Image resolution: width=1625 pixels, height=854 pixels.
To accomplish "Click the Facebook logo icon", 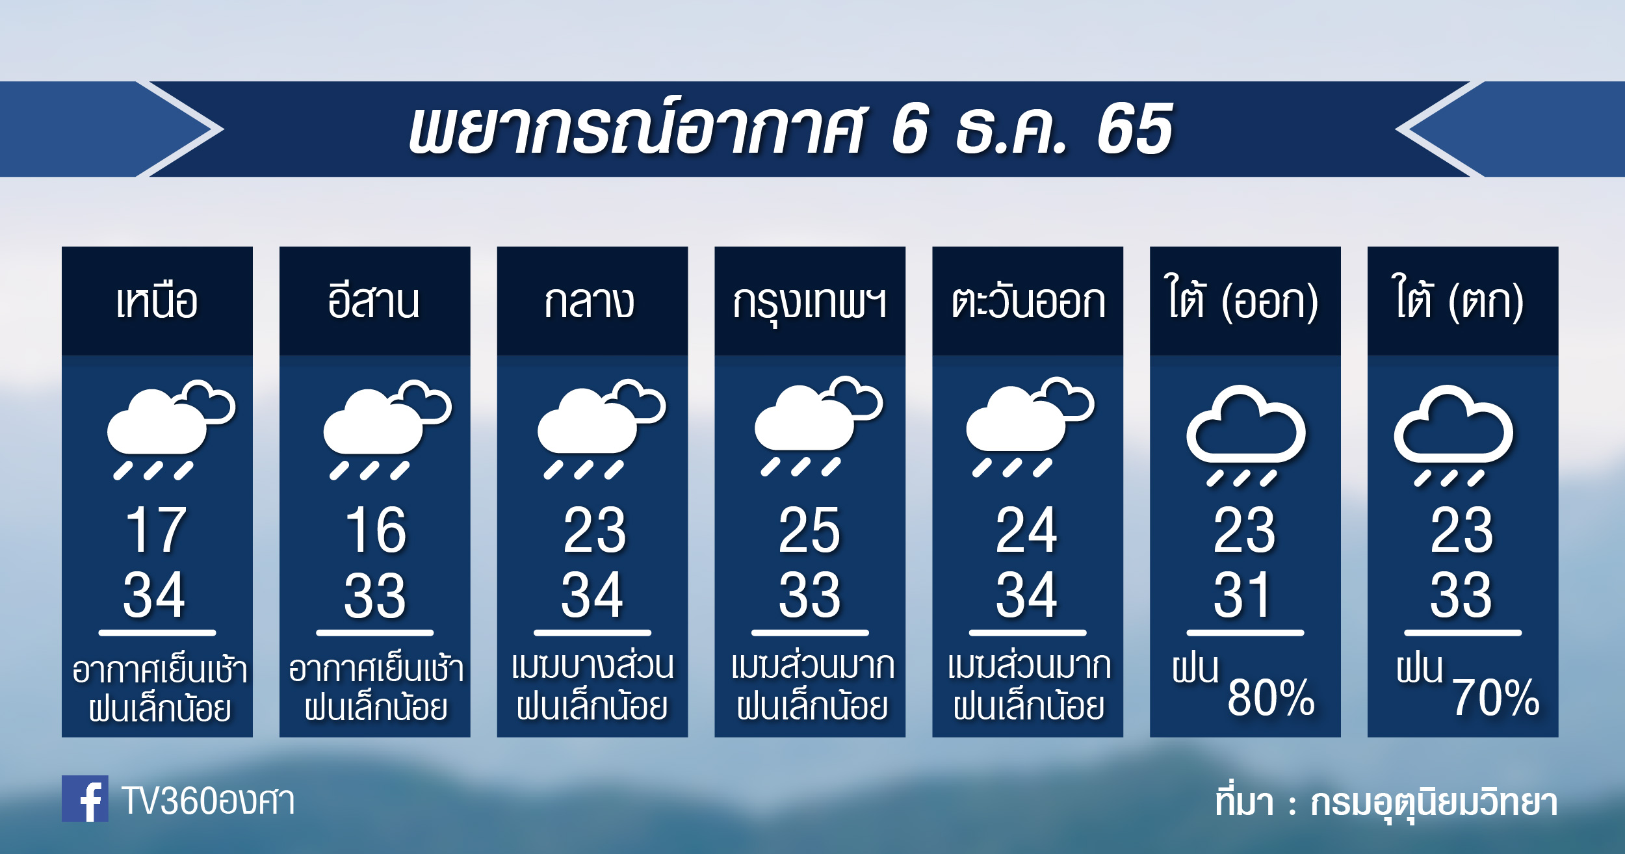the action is pos(85,798).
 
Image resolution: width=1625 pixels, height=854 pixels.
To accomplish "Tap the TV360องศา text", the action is pos(208,801).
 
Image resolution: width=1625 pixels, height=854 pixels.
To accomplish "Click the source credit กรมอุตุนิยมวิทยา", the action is pos(1434,803).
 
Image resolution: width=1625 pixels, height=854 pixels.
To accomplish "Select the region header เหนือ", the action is pos(157,302).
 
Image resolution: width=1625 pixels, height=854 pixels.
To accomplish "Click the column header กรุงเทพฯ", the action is pos(809,303).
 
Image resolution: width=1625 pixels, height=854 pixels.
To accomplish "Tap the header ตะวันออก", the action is pos(1028,302).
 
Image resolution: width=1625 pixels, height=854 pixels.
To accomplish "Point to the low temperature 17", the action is pos(157,530).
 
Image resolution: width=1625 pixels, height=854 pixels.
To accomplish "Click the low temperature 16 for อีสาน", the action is pos(375,530).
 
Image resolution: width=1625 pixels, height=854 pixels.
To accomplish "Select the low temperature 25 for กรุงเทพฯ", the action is pos(809,530).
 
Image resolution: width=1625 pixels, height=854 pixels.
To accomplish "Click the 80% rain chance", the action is pos(1271,697).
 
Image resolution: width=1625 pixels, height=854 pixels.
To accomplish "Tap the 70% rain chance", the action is pos(1496,697).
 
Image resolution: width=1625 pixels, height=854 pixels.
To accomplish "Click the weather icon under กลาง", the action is pos(601,429).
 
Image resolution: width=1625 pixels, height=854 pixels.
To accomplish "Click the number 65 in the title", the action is pos(1135,129).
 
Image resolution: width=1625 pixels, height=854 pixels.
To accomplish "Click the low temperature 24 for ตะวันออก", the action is pos(1027,530).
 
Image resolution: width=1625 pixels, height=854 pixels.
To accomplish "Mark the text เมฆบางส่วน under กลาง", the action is pos(593,666).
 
